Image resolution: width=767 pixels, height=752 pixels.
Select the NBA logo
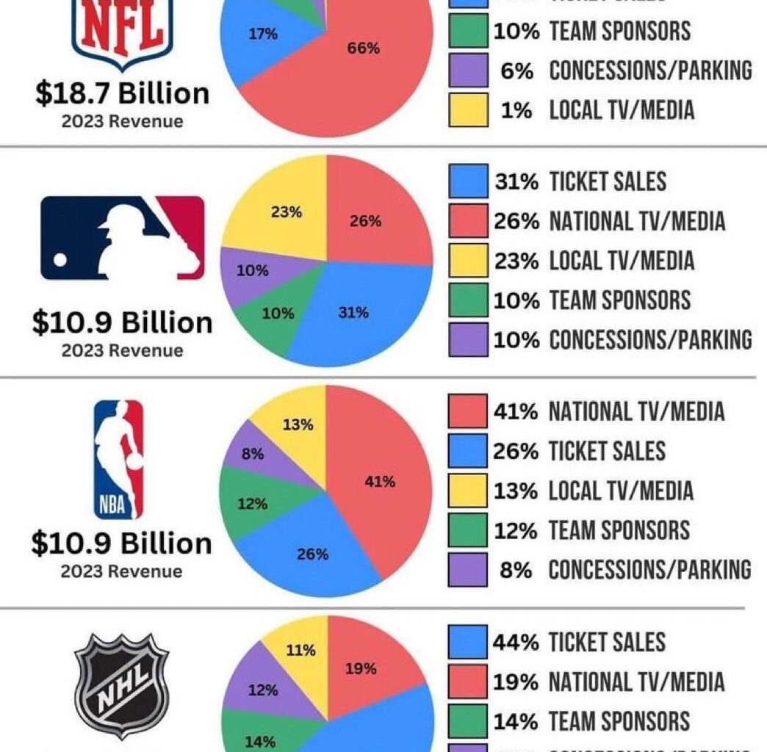[119, 459]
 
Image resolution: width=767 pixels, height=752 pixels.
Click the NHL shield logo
[122, 687]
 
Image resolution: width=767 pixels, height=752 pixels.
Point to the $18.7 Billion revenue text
[122, 93]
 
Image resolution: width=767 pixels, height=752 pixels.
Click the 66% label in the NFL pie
[363, 48]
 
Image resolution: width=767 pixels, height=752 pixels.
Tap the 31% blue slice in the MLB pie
[353, 312]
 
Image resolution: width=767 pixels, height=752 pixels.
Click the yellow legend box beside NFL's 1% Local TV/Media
[468, 110]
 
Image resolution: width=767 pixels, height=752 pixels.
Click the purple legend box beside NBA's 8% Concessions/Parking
[468, 570]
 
